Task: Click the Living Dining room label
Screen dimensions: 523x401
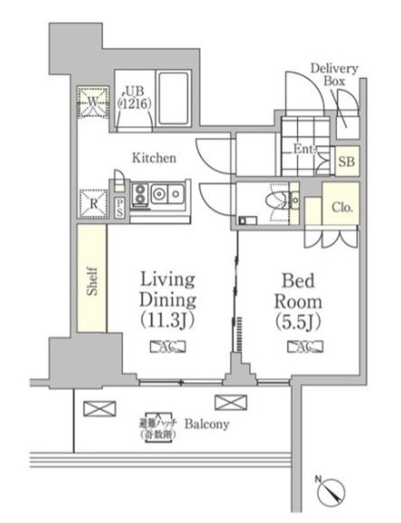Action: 167,299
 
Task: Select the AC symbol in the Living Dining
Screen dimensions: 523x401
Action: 168,346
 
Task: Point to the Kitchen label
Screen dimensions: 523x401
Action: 154,159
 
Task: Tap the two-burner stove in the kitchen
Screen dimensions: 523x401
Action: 141,195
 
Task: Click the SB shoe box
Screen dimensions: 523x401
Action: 346,161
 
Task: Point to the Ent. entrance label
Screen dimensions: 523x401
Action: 303,148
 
